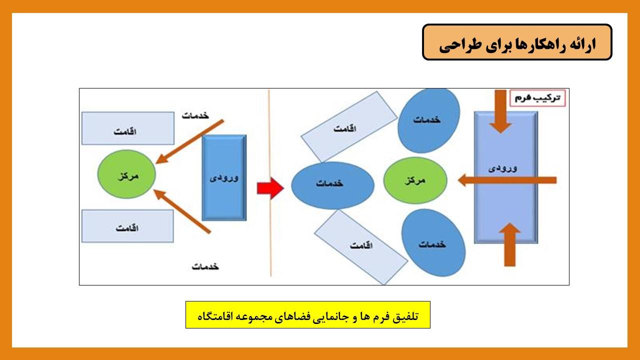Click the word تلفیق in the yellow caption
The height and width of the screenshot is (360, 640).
pos(405,316)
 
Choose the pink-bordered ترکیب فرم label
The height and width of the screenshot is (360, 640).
pos(537,98)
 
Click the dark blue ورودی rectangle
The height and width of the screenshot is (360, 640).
pos(224,177)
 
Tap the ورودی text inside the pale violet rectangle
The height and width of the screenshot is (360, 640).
pos(503,168)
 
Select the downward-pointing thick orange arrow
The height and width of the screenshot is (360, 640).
pos(500,111)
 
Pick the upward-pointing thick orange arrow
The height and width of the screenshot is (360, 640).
pos(509,244)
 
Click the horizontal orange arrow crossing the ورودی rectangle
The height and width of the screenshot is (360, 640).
pos(507,180)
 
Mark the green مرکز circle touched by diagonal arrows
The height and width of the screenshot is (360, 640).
pos(126,174)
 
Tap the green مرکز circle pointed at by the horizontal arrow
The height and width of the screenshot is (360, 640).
pos(415,180)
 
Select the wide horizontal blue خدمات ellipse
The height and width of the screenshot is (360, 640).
pos(333,185)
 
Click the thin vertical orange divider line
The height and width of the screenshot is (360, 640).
pos(269,183)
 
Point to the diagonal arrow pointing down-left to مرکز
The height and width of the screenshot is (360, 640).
pos(189,141)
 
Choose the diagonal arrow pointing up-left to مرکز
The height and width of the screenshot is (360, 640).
pos(182,211)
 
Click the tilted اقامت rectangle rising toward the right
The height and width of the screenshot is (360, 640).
pos(349,127)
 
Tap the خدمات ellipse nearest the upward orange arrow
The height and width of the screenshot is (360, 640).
pos(433,242)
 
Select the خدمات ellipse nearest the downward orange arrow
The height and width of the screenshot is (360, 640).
pos(429,120)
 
